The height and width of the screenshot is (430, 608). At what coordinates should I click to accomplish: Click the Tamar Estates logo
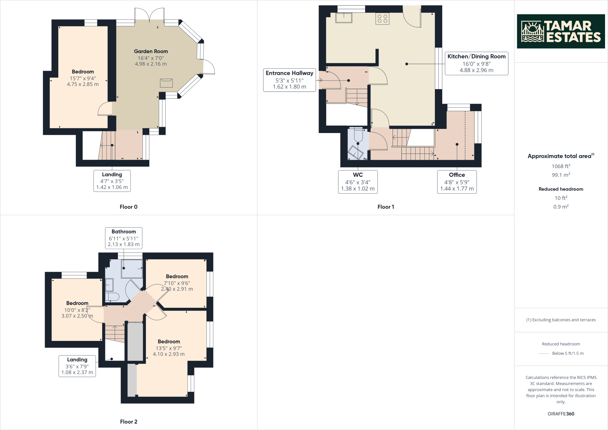[560, 31]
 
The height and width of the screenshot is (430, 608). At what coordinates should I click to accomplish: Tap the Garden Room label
[151, 51]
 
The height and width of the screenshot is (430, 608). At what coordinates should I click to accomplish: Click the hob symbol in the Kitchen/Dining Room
[382, 19]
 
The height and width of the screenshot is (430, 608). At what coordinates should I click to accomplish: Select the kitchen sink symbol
[344, 18]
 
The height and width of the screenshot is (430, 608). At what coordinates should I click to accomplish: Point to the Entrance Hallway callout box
[289, 80]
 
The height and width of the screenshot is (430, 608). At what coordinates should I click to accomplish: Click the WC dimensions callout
[357, 182]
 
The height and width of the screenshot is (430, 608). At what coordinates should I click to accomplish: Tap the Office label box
[457, 182]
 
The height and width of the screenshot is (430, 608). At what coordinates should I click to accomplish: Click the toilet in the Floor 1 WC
[358, 135]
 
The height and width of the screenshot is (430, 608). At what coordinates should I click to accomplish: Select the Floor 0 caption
[129, 207]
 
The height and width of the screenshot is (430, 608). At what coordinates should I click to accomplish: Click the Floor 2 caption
[129, 422]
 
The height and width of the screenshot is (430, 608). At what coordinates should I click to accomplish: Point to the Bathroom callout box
[123, 238]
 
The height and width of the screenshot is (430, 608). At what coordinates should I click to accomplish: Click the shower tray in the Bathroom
[132, 268]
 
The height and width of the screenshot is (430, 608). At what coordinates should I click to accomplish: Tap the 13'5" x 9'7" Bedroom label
[169, 348]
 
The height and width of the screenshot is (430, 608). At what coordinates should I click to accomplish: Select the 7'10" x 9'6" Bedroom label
[177, 283]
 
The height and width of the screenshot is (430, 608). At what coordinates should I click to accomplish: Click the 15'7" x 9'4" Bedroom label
[83, 78]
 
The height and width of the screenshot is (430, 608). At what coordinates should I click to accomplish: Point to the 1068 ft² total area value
[560, 166]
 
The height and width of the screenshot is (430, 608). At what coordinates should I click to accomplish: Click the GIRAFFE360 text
[560, 414]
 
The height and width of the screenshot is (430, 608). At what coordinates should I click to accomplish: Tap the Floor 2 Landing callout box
[77, 366]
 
